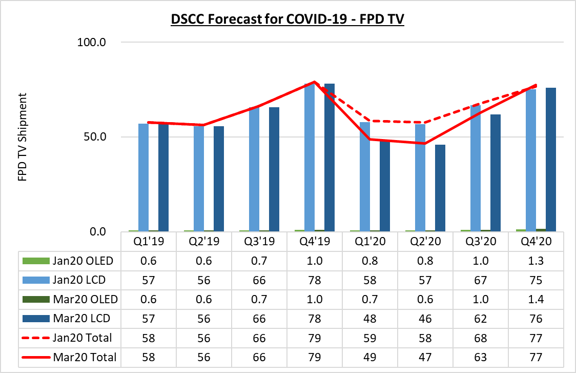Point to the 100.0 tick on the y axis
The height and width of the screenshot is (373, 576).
pos(91,42)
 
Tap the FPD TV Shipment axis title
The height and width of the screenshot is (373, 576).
pos(23,137)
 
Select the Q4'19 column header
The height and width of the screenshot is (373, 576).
pos(315,242)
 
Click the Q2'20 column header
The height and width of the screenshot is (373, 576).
pos(425,242)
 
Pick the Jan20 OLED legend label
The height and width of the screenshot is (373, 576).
pos(83,261)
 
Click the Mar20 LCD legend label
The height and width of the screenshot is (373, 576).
pos(81,319)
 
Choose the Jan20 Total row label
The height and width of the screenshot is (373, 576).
pos(82,338)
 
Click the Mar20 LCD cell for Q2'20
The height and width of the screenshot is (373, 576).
pos(425,319)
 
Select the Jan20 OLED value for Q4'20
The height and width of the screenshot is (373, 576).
pos(536,261)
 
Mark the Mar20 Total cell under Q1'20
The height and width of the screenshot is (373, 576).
pos(370,357)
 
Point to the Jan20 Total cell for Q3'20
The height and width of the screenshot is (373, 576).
pos(481,338)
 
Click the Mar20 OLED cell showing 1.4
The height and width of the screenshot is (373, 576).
pos(536,299)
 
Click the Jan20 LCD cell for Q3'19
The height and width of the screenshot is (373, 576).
pos(259,280)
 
